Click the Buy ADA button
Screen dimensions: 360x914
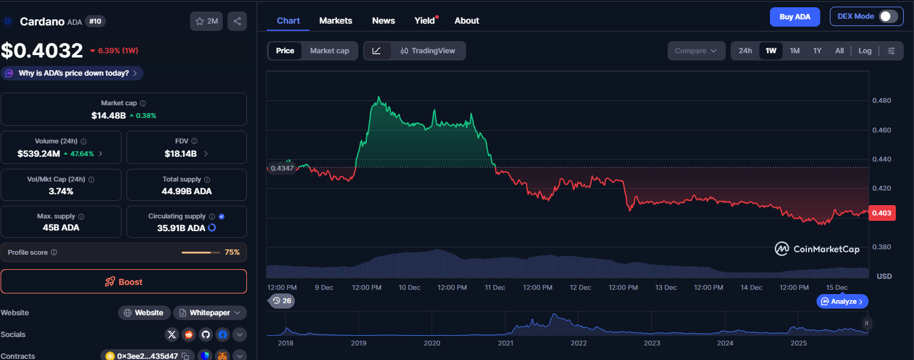[794, 17]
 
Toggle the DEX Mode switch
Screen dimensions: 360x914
[888, 17]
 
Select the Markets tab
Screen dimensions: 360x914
[335, 21]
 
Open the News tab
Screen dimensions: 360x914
[383, 21]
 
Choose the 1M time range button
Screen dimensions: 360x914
[794, 51]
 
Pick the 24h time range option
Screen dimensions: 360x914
[745, 51]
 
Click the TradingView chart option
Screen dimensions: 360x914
[427, 51]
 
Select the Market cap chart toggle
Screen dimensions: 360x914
[329, 51]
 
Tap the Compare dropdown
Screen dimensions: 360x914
[696, 51]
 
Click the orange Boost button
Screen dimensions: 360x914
[123, 282]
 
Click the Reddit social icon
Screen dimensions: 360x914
[189, 335]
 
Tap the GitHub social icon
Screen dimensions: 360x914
[206, 335]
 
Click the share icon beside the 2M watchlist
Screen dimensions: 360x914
[237, 21]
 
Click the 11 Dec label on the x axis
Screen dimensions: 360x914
[495, 287]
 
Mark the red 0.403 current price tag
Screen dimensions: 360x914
[881, 213]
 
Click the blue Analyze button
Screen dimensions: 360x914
[843, 301]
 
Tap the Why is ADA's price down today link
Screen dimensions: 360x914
[73, 73]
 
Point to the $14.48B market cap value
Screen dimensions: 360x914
[108, 116]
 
